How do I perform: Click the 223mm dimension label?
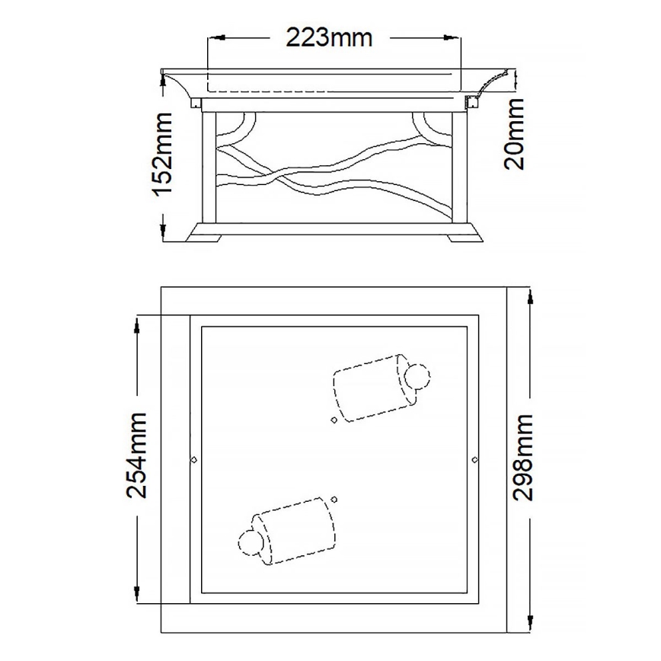pos(329,36)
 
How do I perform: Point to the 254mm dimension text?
pos(137,455)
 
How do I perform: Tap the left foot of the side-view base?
pos(206,237)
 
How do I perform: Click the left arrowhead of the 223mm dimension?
pos(215,37)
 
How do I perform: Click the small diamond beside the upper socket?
pos(334,420)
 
